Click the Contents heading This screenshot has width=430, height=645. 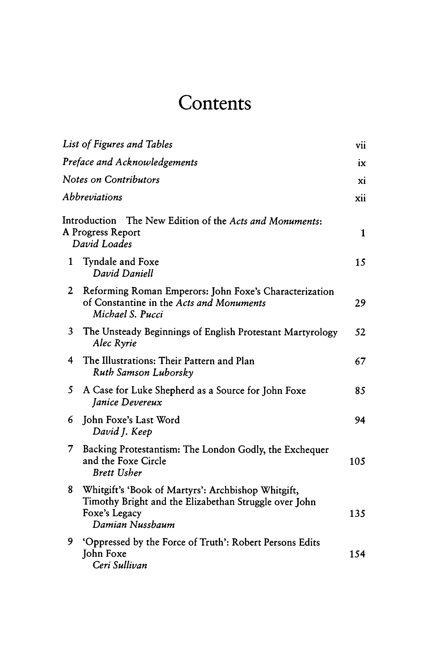[215, 103]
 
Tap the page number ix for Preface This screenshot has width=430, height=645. [362, 163]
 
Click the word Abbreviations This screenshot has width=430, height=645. [92, 197]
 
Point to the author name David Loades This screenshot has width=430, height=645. [102, 244]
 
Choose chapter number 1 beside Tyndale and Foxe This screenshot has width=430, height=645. [70, 262]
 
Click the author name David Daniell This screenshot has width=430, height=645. [123, 273]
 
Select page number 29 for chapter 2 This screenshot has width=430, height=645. [360, 303]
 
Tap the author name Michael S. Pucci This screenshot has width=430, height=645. [128, 314]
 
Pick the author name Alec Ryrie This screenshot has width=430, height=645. [115, 343]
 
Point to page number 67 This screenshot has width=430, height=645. [360, 361]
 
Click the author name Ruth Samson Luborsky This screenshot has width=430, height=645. [143, 373]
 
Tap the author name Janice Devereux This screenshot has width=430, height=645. [127, 402]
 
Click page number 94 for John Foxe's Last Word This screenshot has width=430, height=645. [360, 420]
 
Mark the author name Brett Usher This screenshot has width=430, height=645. [117, 473]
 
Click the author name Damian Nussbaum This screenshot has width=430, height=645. [133, 525]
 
